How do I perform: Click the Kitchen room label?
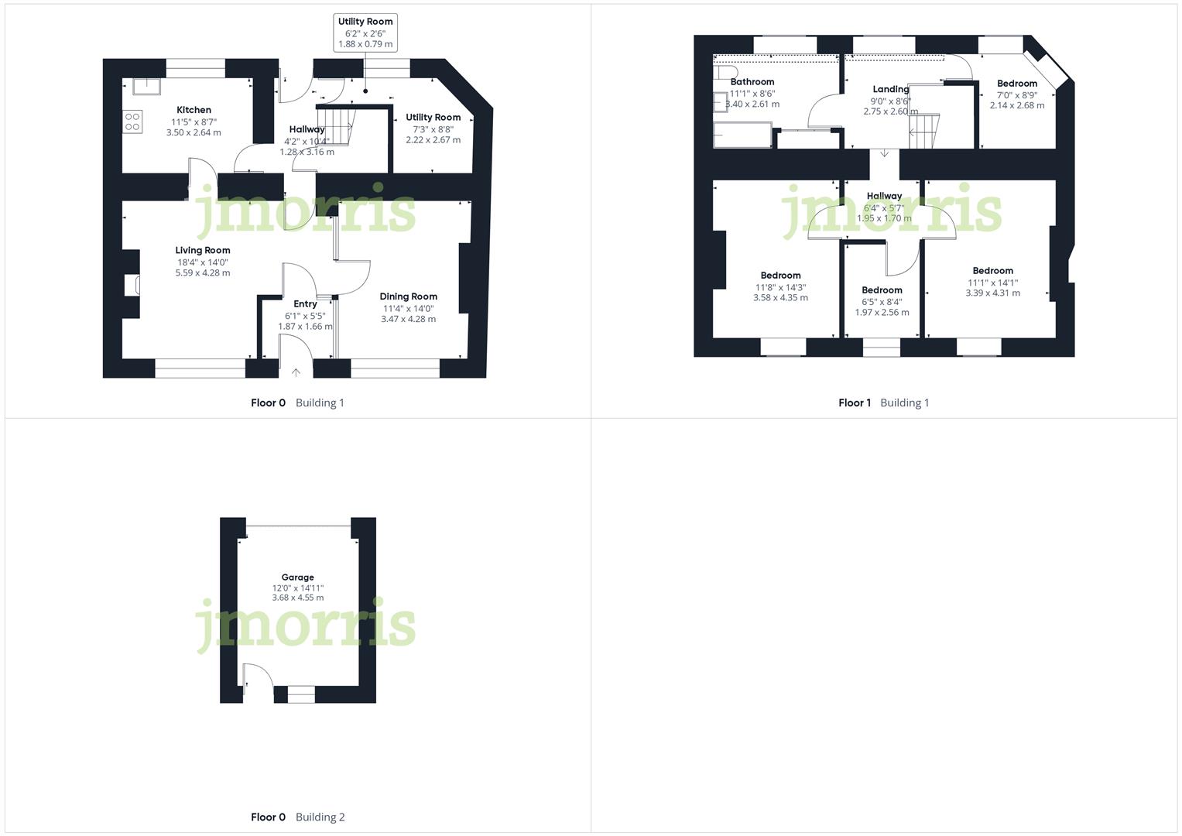[194, 110]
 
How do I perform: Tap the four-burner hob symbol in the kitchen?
[132, 122]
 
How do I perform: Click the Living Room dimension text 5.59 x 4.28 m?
[202, 272]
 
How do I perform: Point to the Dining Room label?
[408, 296]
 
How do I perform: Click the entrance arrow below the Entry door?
[296, 372]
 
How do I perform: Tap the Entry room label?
[305, 303]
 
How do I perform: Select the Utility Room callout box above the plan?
[365, 33]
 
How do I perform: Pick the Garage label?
[297, 577]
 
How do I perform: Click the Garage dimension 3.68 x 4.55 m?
[297, 598]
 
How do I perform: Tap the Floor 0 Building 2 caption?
[297, 817]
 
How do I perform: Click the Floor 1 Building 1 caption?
[883, 403]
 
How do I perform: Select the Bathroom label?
[752, 81]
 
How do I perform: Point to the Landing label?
[890, 89]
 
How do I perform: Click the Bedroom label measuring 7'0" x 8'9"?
[1016, 84]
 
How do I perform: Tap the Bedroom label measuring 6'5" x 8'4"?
[882, 290]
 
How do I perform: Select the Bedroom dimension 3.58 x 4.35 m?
[780, 297]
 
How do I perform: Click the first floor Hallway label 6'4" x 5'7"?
[884, 196]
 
